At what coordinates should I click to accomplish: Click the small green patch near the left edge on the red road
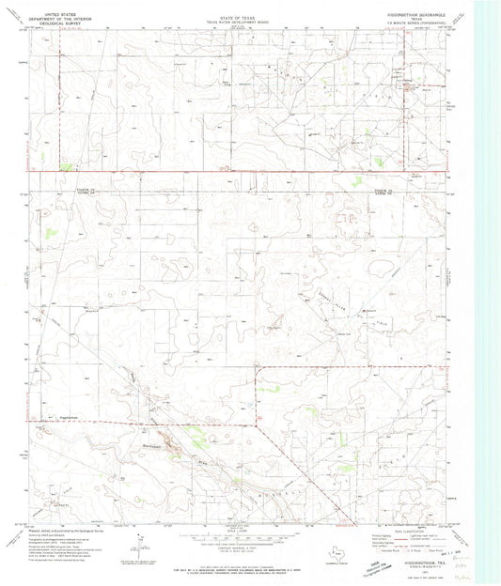(65, 166)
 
